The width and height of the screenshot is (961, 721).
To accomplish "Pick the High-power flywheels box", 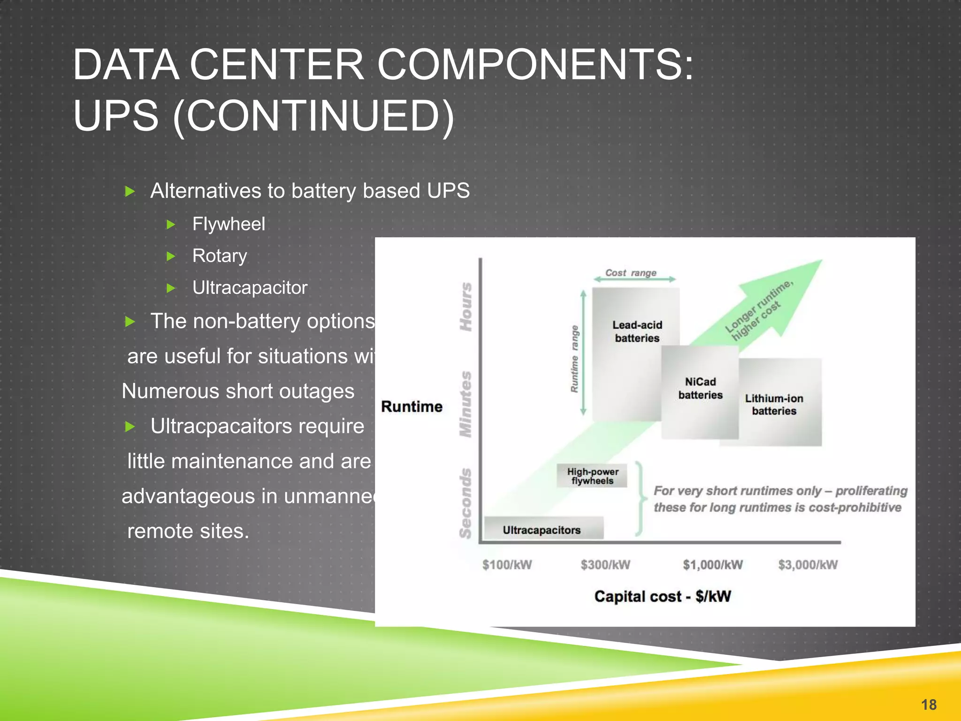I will [x=592, y=476].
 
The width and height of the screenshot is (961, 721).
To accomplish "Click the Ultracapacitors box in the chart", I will [x=543, y=529].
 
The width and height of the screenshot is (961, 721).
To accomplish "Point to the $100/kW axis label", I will [x=507, y=565].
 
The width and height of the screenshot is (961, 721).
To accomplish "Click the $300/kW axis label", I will [x=605, y=565].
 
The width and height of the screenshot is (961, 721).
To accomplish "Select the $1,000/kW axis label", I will [x=712, y=565].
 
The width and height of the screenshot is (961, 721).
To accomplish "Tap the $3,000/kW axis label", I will [x=808, y=565].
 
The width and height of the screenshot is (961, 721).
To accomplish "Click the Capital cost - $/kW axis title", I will [x=662, y=596].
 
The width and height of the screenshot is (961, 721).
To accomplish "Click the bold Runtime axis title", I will [x=412, y=407].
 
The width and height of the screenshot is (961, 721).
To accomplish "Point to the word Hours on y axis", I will [x=466, y=307].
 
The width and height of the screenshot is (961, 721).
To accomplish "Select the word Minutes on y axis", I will [x=465, y=404].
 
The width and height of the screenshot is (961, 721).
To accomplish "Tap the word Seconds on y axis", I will [x=465, y=502].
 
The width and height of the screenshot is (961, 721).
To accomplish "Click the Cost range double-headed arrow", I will [x=634, y=279].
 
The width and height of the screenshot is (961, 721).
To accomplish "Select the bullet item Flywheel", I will [x=229, y=224].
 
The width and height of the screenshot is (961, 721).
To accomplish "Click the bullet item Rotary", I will [x=219, y=256].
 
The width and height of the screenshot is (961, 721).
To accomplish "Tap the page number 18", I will [x=929, y=705].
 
